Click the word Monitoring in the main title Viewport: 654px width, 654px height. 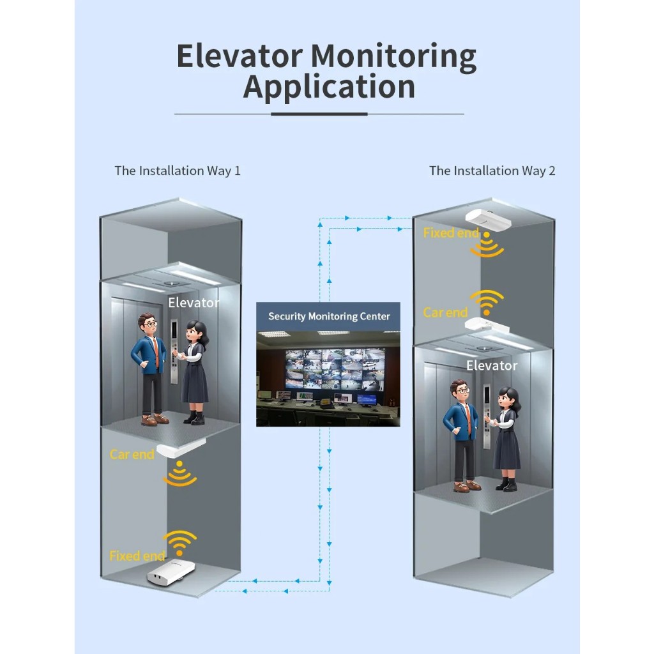pos(393,57)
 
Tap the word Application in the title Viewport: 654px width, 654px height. pos(329,87)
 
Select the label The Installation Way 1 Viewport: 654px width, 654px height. pos(178,171)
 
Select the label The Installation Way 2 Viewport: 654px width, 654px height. pos(492,171)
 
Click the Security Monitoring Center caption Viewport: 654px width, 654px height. pos(329,316)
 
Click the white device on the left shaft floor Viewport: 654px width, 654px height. pos(171,572)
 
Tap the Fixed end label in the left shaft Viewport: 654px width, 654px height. pos(137,556)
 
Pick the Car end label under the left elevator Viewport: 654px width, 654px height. pos(132,454)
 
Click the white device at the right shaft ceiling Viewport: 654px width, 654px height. pos(488,218)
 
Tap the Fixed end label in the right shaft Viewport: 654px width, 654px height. pos(452,232)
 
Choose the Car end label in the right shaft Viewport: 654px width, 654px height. pos(445,312)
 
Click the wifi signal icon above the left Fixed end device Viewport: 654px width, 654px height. pos(179,543)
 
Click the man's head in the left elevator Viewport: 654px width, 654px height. pos(148,323)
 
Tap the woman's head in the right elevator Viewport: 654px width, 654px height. pos(508,398)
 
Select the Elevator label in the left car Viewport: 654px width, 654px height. pos(194,302)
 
